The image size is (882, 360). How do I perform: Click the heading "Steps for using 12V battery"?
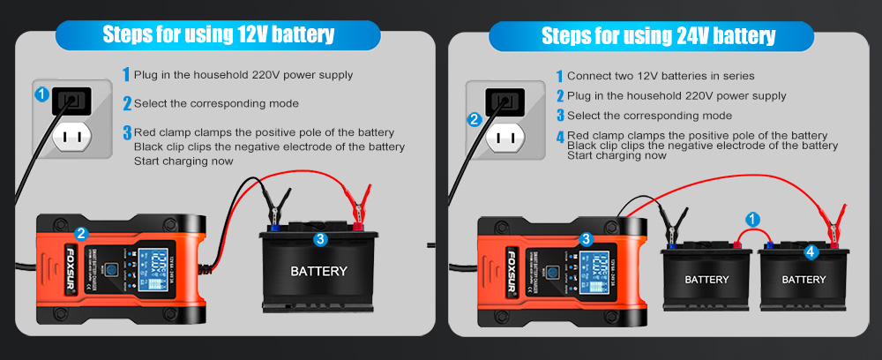219,34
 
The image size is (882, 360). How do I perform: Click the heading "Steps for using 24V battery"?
658,35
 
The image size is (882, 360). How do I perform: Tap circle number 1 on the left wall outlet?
41,93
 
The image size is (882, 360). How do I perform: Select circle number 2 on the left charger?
81,234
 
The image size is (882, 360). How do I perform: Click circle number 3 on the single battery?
320,238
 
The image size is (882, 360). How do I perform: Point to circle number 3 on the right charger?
586,239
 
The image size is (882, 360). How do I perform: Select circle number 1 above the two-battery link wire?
752,218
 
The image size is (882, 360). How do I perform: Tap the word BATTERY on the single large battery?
318,272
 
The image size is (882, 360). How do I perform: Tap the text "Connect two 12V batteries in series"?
661,77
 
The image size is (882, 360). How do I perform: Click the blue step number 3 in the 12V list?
127,133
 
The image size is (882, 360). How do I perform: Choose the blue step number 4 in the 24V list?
560,136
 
